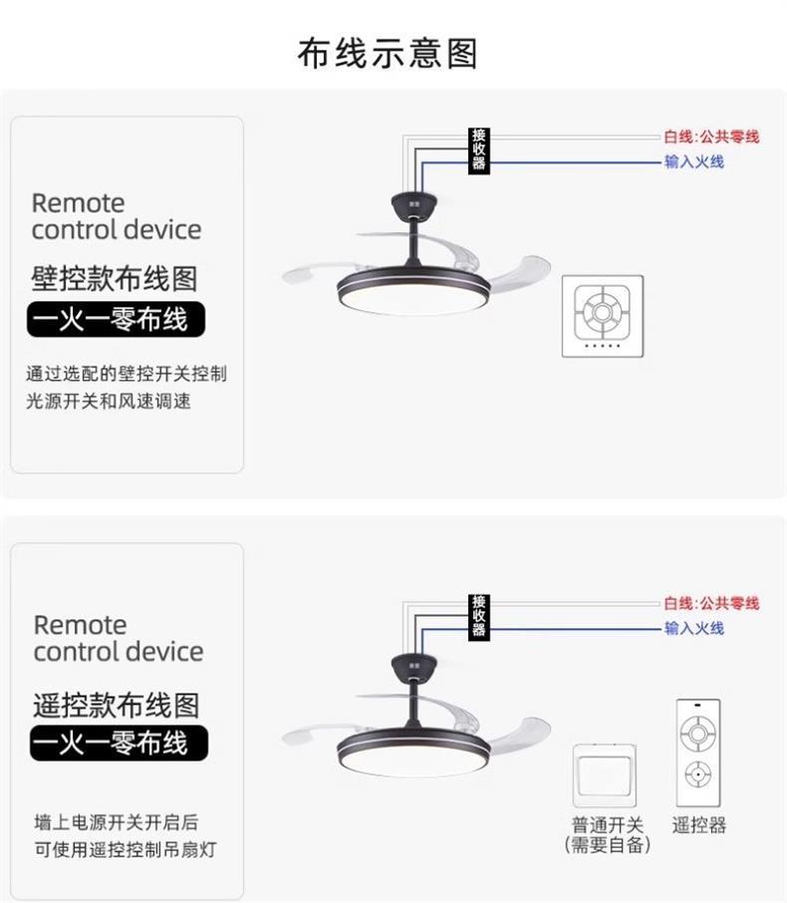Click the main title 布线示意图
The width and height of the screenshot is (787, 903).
tap(388, 54)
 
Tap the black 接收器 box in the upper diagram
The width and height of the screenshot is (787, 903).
tap(478, 150)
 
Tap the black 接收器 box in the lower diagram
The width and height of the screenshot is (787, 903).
tap(478, 617)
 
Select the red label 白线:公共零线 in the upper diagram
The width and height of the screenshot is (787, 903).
tap(711, 138)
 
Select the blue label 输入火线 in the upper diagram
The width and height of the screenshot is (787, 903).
tap(694, 161)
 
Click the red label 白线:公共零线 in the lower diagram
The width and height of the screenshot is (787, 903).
tap(711, 604)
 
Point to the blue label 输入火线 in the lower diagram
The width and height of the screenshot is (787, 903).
tap(694, 628)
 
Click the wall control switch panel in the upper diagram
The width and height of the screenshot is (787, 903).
tap(603, 316)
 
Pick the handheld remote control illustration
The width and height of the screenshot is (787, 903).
tap(698, 752)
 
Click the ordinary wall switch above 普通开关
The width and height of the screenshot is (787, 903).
tap(605, 775)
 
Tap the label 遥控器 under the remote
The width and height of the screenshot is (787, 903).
tap(699, 825)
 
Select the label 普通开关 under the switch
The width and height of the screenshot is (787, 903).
tap(608, 824)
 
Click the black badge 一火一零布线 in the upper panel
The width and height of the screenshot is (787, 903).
tap(116, 319)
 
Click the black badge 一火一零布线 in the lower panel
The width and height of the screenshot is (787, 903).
tap(119, 743)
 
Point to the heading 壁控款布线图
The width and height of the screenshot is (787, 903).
tap(114, 279)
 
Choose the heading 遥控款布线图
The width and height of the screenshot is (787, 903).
tap(116, 705)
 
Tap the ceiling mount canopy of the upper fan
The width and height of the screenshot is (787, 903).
tap(414, 205)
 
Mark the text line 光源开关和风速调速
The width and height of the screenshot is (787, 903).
tap(109, 401)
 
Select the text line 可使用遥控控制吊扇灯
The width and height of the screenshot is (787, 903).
tap(125, 849)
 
